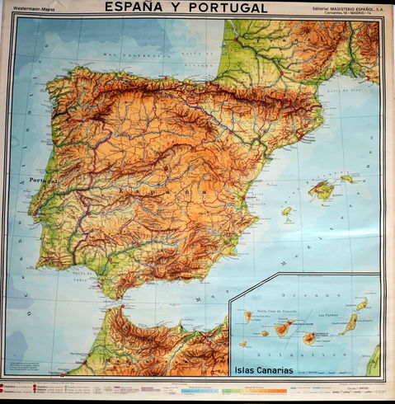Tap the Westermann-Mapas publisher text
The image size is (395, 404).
tap(32, 10)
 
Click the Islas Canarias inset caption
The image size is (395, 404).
tap(262, 369)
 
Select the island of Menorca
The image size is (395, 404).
tap(347, 178)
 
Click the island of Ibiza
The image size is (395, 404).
tap(286, 211)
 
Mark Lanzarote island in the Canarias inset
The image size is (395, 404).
tap(361, 304)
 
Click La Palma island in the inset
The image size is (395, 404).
tap(247, 315)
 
